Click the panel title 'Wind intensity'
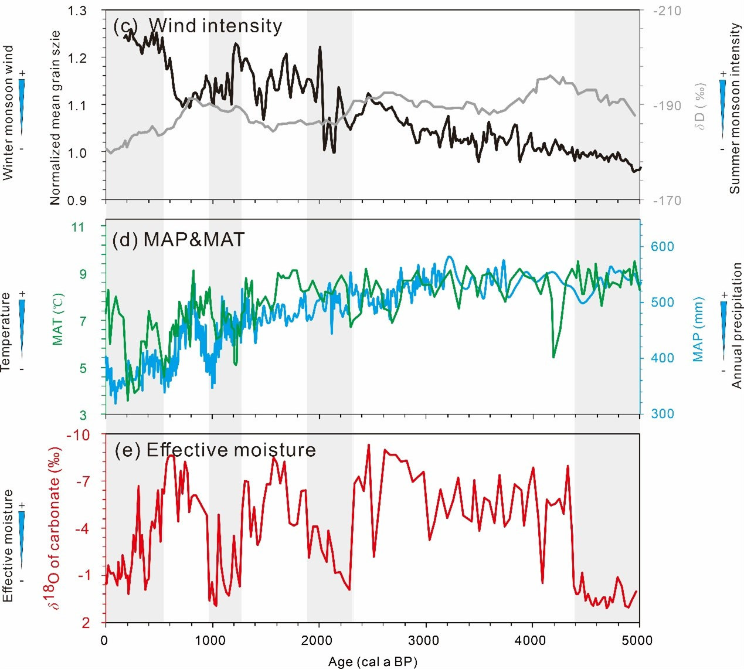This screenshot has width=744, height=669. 215,26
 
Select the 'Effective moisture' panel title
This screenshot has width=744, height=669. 231,450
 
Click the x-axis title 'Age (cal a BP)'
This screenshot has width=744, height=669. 372,662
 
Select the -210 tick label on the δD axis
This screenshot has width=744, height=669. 668,11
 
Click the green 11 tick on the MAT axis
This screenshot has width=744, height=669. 79,227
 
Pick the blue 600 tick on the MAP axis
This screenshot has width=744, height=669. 663,246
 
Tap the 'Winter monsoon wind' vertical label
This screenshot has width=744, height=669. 8,113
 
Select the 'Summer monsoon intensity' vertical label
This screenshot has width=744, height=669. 735,108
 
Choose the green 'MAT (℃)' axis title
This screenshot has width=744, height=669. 58,318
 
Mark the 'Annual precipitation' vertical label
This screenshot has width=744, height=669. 736,325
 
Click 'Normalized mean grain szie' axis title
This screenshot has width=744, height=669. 56,117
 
